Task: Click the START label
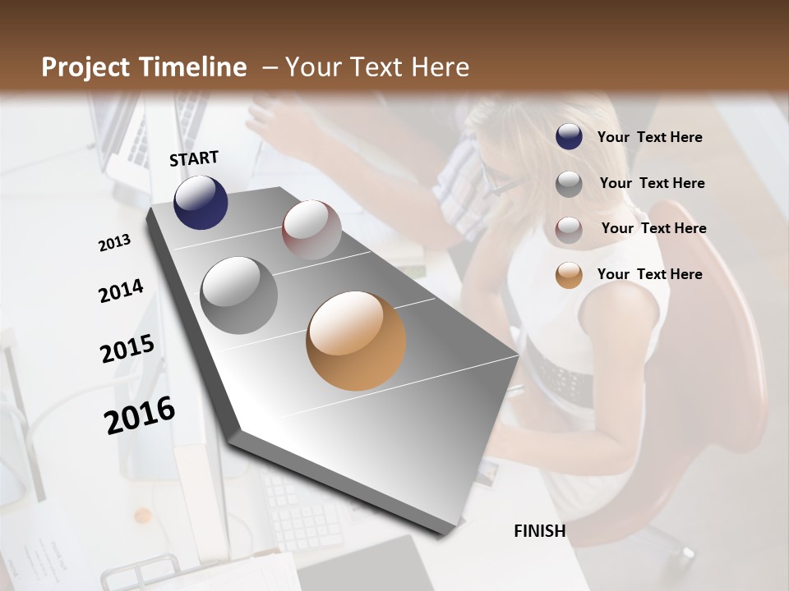pyautogui.click(x=194, y=158)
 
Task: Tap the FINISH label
pyautogui.click(x=539, y=531)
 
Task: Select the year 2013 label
pyautogui.click(x=114, y=243)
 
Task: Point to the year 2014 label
pyautogui.click(x=121, y=291)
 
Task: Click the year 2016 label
pyautogui.click(x=140, y=415)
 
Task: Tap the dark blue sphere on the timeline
pyautogui.click(x=201, y=202)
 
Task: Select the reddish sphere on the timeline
pyautogui.click(x=311, y=229)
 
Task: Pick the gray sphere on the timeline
pyautogui.click(x=239, y=295)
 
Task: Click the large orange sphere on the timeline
pyautogui.click(x=356, y=341)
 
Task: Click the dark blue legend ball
pyautogui.click(x=569, y=137)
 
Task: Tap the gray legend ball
pyautogui.click(x=569, y=184)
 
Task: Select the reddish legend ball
pyautogui.click(x=569, y=229)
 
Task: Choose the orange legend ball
pyautogui.click(x=569, y=275)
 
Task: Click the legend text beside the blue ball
pyautogui.click(x=649, y=138)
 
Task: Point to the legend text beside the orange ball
pyautogui.click(x=649, y=274)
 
